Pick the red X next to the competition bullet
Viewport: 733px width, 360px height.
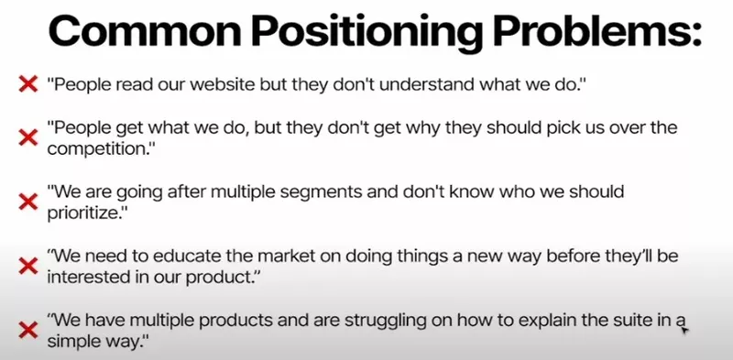click(27, 137)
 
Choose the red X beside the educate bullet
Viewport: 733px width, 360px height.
click(27, 265)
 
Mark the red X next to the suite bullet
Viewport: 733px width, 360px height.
click(27, 328)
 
